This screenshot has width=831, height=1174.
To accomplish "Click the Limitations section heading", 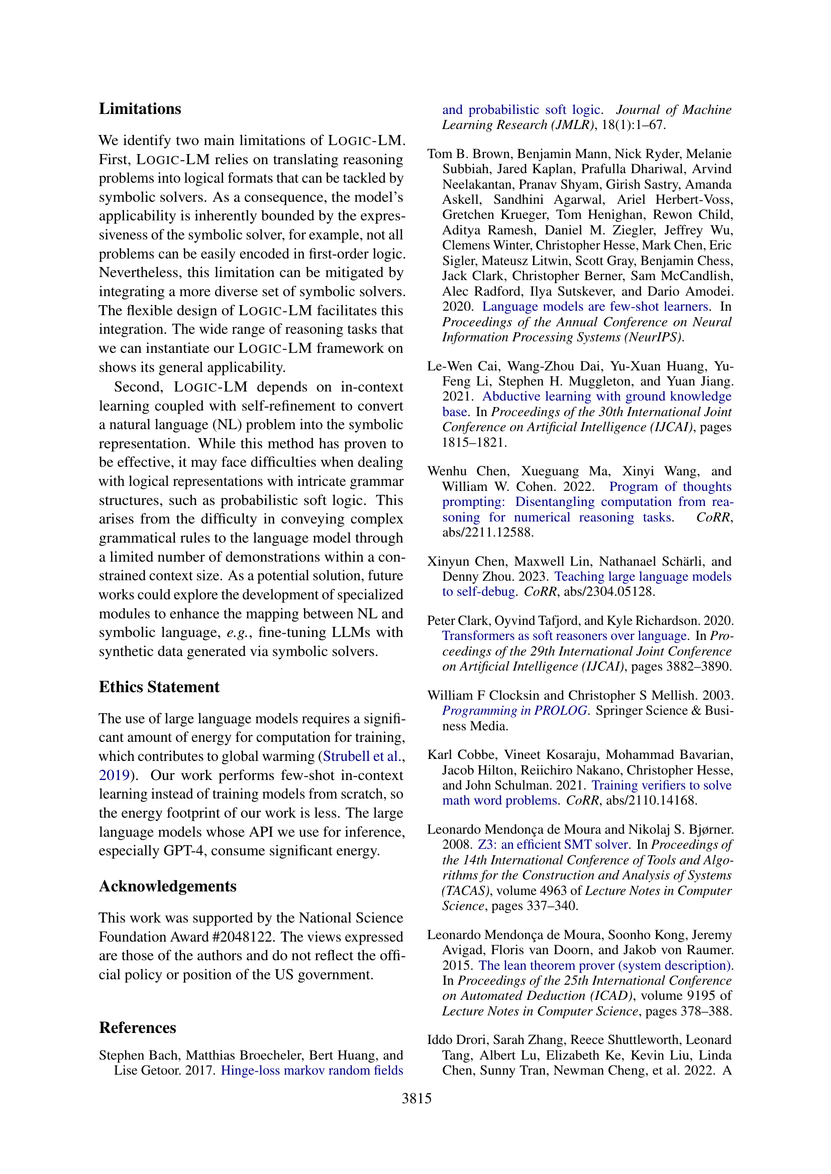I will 140,109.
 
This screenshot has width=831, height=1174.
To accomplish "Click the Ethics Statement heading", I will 159,687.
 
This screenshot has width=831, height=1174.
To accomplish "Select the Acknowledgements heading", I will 167,886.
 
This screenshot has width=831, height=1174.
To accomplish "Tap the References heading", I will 137,1028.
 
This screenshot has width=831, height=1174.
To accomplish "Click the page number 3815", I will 417,1098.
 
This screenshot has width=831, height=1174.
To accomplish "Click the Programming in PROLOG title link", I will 514,711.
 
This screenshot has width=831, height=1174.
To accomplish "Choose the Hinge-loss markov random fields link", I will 311,1070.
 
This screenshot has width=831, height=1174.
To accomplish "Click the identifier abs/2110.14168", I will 652,800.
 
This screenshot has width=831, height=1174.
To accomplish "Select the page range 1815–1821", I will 474,442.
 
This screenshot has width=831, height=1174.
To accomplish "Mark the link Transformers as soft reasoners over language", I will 564,635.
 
